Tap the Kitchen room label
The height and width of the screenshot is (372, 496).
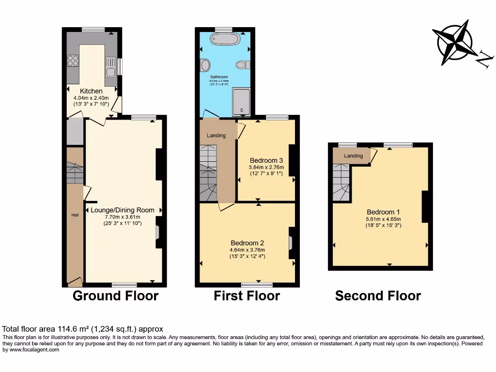(x=91, y=91)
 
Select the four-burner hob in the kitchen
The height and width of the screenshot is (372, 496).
(x=73, y=61)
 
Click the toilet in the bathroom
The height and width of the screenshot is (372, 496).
(x=242, y=64)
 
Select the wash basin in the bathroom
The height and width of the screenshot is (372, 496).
(x=204, y=64)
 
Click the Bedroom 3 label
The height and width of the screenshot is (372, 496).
(x=266, y=160)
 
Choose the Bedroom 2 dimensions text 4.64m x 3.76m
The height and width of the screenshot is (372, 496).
(x=248, y=250)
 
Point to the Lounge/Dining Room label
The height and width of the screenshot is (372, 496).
(x=123, y=210)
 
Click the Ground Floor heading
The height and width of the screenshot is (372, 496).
(x=115, y=295)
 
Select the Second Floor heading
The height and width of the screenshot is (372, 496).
(x=378, y=295)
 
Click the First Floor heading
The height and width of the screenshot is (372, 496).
(x=247, y=295)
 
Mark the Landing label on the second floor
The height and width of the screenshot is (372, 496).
(x=353, y=155)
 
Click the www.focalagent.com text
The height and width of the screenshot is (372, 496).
(x=31, y=349)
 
